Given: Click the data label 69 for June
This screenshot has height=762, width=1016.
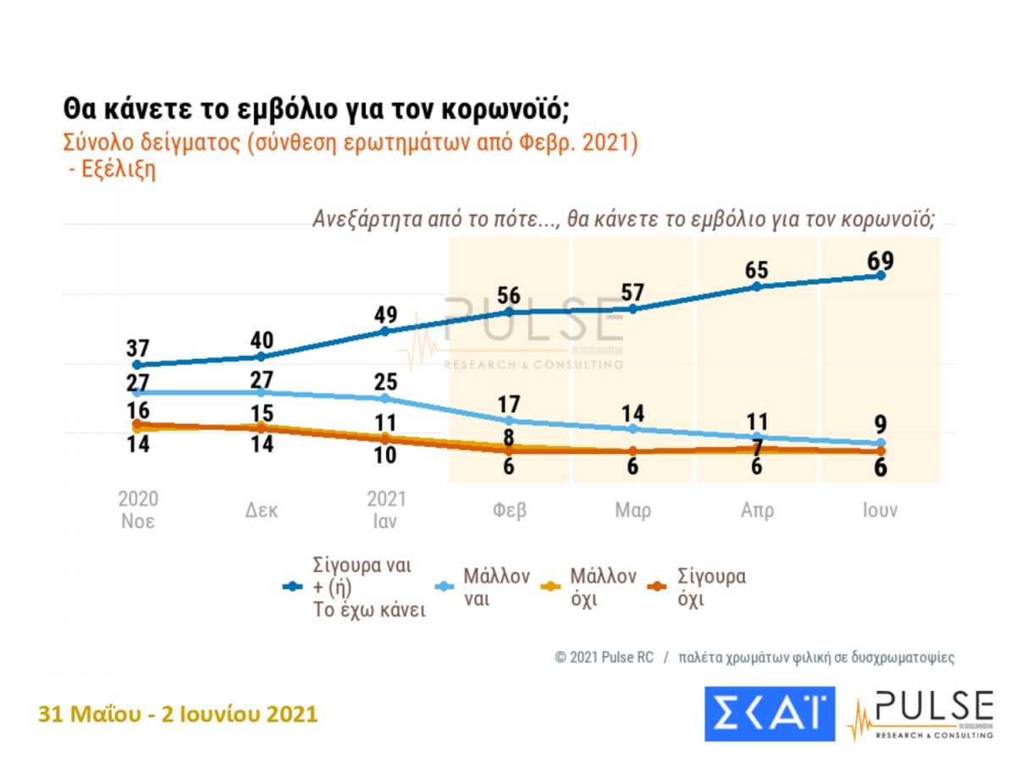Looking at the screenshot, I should pyautogui.click(x=880, y=260).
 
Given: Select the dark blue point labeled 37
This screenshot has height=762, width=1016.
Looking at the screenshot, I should pyautogui.click(x=137, y=365).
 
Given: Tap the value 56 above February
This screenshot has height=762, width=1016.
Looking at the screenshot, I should pyautogui.click(x=509, y=295).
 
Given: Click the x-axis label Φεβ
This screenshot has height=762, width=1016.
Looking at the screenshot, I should pyautogui.click(x=509, y=511).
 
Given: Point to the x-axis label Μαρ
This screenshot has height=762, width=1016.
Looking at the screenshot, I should pyautogui.click(x=632, y=511).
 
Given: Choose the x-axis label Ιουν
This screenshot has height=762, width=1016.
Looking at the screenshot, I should pyautogui.click(x=880, y=511).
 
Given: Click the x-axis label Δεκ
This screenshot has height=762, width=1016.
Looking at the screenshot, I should pyautogui.click(x=261, y=511).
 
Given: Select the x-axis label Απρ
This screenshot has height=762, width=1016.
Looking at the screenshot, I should pyautogui.click(x=756, y=511).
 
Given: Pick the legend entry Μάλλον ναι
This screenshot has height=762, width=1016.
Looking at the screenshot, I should pyautogui.click(x=496, y=588).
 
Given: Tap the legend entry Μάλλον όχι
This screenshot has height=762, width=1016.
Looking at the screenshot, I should pyautogui.click(x=602, y=588).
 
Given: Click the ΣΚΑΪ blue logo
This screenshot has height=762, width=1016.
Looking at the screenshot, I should pyautogui.click(x=770, y=713).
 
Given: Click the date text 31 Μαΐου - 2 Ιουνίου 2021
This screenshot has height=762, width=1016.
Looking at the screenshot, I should pyautogui.click(x=178, y=715).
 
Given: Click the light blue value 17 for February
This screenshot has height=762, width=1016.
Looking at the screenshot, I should pyautogui.click(x=509, y=405).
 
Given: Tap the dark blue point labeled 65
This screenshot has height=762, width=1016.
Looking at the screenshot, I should pyautogui.click(x=756, y=286).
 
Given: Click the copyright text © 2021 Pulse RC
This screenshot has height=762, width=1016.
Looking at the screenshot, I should pyautogui.click(x=604, y=658).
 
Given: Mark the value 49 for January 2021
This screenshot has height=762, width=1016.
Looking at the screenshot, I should pyautogui.click(x=384, y=315).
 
